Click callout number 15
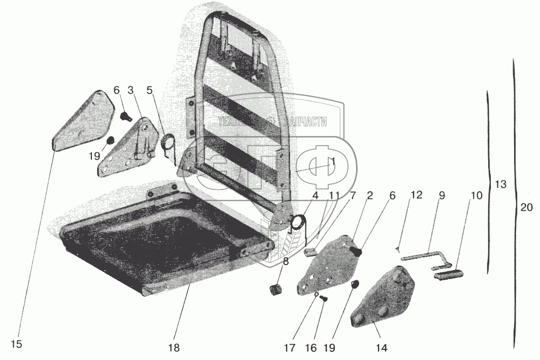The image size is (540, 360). click(x=16, y=344)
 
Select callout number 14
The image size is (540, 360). click(x=381, y=348)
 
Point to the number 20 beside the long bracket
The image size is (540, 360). click(x=527, y=207)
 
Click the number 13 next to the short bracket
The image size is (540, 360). click(x=500, y=184)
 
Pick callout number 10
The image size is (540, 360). click(x=476, y=195)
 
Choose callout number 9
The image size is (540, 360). click(x=441, y=195)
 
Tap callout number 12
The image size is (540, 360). click(x=417, y=195)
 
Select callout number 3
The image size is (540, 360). click(x=131, y=90)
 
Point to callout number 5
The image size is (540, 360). click(x=149, y=90)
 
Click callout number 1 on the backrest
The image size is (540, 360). click(x=333, y=161)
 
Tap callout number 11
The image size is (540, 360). click(x=333, y=195)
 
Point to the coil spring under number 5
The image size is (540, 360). click(x=168, y=145)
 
